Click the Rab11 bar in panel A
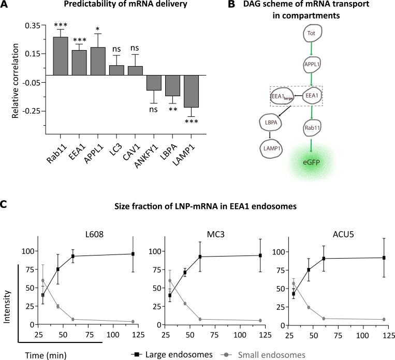pyautogui.click(x=61, y=56)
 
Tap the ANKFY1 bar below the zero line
pyautogui.click(x=154, y=83)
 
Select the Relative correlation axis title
pyautogui.click(x=16, y=78)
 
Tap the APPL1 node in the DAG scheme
pyautogui.click(x=312, y=66)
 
